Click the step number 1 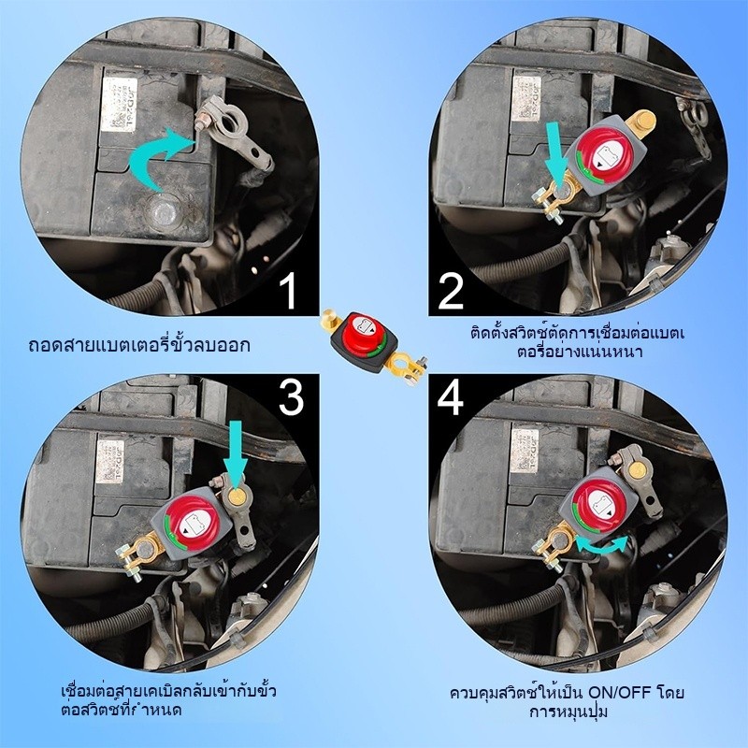click(x=288, y=291)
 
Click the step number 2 click(x=451, y=291)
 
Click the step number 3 click(x=292, y=399)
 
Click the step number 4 click(x=451, y=399)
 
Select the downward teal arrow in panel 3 click(x=235, y=453)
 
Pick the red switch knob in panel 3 click(x=191, y=524)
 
